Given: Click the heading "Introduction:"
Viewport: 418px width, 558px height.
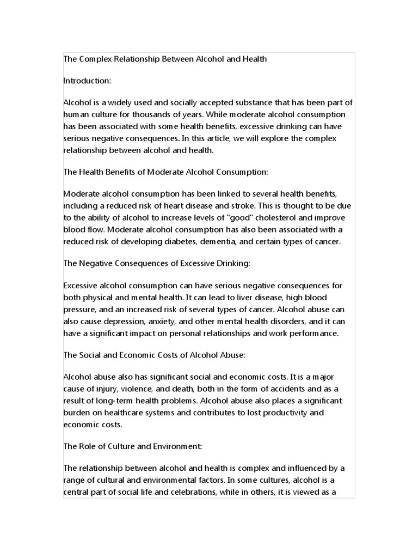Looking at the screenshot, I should pos(87,81).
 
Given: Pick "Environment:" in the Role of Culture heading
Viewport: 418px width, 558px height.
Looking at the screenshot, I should pos(174,446).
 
